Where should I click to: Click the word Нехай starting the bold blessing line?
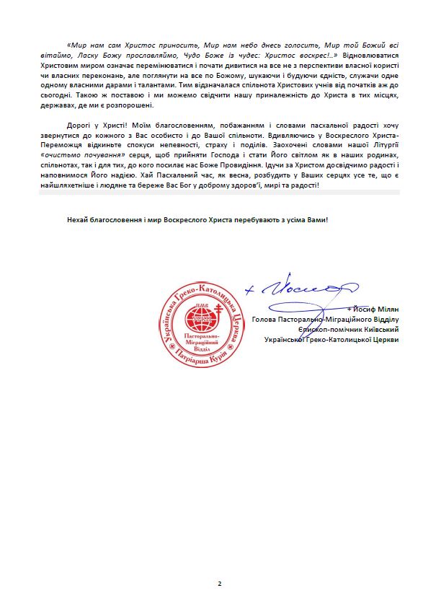click(77, 219)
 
